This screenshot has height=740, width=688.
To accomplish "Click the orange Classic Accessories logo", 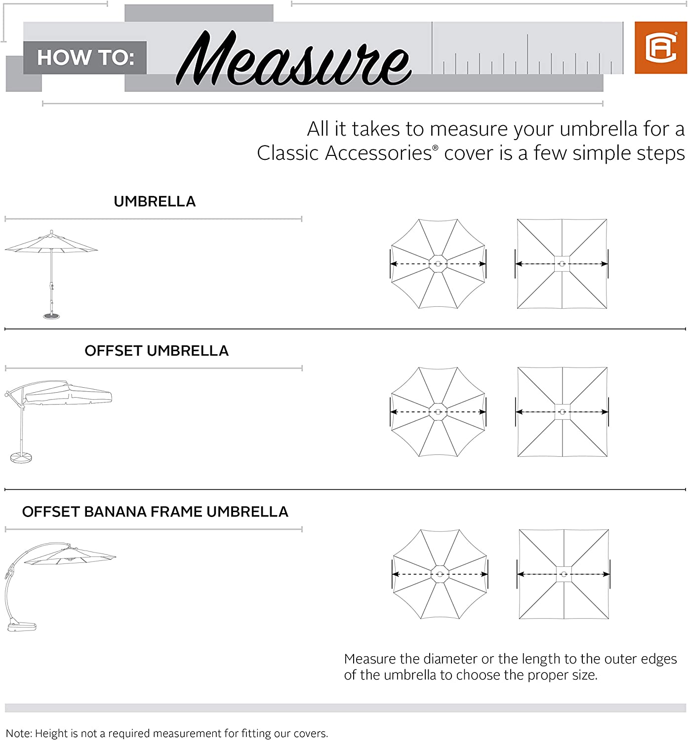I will (x=660, y=47).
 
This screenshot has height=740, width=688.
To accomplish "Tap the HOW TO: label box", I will (x=85, y=58).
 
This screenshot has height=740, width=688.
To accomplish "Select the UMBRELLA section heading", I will (x=155, y=201).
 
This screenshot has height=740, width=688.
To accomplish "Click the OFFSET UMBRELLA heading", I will (x=156, y=351).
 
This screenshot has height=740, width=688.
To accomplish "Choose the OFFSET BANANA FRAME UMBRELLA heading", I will (x=155, y=512).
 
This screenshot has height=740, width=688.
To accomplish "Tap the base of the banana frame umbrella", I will (x=22, y=627).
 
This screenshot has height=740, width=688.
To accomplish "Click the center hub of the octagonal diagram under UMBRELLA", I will (x=438, y=264).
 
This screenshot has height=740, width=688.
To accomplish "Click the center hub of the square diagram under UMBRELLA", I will (x=562, y=264).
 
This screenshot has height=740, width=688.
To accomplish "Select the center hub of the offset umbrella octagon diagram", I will (x=438, y=412).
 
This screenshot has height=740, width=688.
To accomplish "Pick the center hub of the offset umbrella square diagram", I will (x=562, y=412).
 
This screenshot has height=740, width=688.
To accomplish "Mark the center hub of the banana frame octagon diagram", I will (x=440, y=574).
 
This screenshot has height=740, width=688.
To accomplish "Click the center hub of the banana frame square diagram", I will (x=564, y=574).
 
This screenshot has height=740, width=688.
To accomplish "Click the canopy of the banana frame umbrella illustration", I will (x=69, y=556).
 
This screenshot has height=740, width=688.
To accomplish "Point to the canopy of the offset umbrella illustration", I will (x=69, y=395).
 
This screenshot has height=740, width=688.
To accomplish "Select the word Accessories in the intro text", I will (x=378, y=153).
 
